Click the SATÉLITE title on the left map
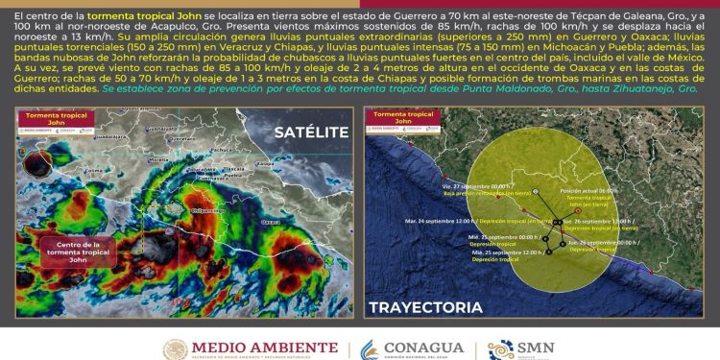coord(310,132)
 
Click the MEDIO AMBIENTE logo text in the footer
coord(265,348)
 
